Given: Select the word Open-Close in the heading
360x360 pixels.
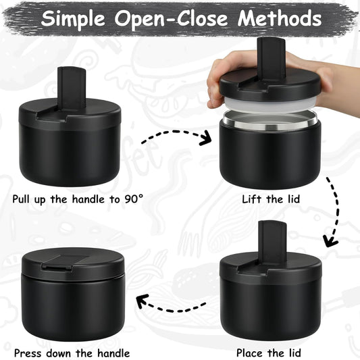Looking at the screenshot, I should point(174,18).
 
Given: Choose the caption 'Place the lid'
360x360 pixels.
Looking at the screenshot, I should point(269,352).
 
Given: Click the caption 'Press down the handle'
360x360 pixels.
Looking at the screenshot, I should point(71,352).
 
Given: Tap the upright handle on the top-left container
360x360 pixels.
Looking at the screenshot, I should point(70,89).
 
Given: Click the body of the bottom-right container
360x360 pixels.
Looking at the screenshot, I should point(271,307).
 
